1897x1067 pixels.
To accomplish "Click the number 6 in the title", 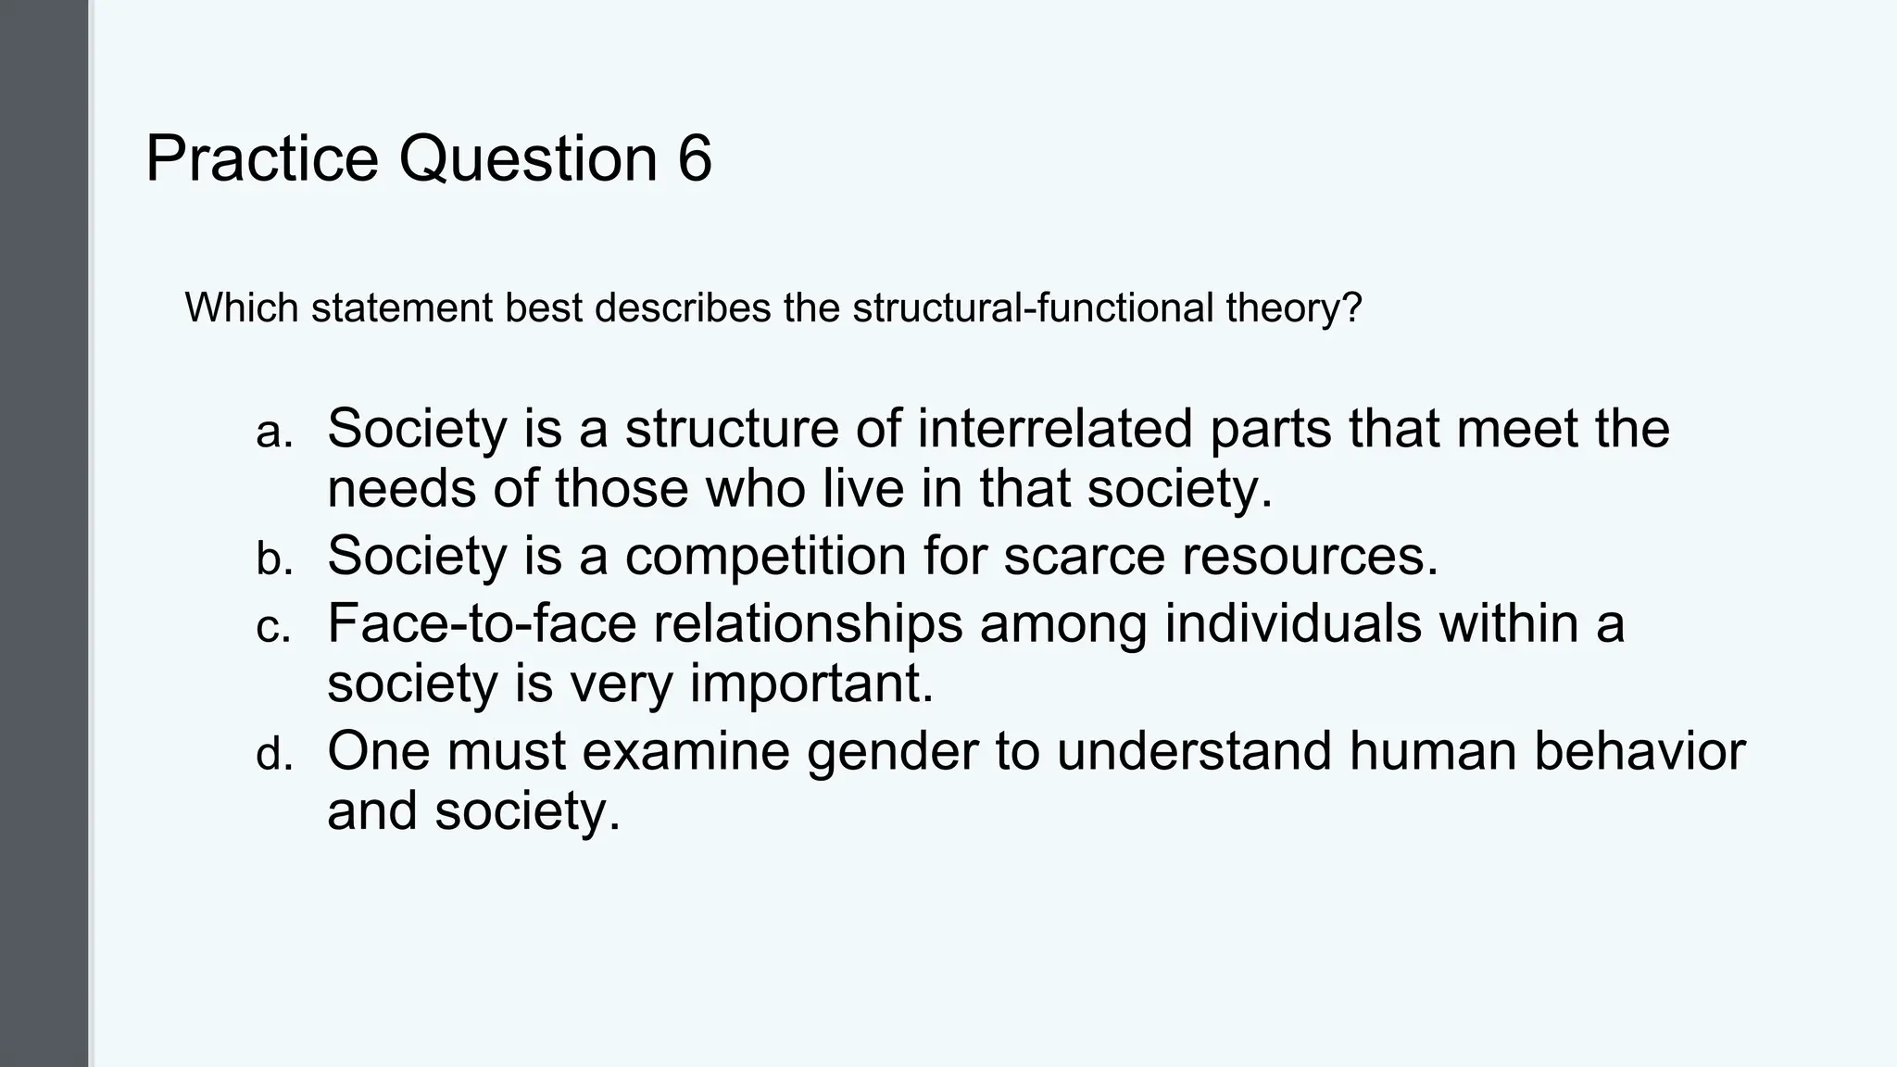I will coord(695,158).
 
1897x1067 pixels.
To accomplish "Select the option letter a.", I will coord(273,433).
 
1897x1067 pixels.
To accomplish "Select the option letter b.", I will coord(273,559).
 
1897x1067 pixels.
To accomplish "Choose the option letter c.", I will coord(273,628).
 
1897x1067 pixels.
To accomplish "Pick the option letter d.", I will coord(273,755).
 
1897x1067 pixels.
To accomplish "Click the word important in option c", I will coord(811,684).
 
